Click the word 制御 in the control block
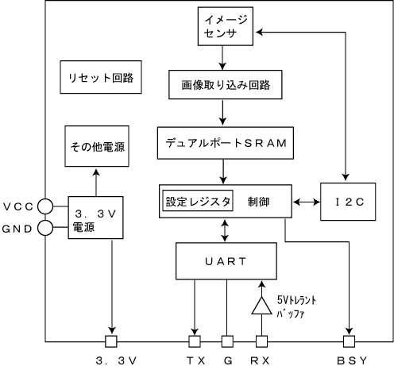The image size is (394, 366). [x=258, y=202]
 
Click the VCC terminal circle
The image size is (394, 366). [x=45, y=206]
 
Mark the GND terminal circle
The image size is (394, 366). [x=45, y=228]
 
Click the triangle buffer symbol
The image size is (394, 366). [x=261, y=306]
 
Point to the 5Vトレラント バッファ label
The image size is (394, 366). [x=296, y=307]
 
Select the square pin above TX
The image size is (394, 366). [x=195, y=341]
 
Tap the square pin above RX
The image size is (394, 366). [x=261, y=341]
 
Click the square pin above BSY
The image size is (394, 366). [x=349, y=341]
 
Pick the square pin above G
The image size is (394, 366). [x=227, y=341]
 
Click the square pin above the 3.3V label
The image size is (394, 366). [x=111, y=341]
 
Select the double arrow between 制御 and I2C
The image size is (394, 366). [x=307, y=202]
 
